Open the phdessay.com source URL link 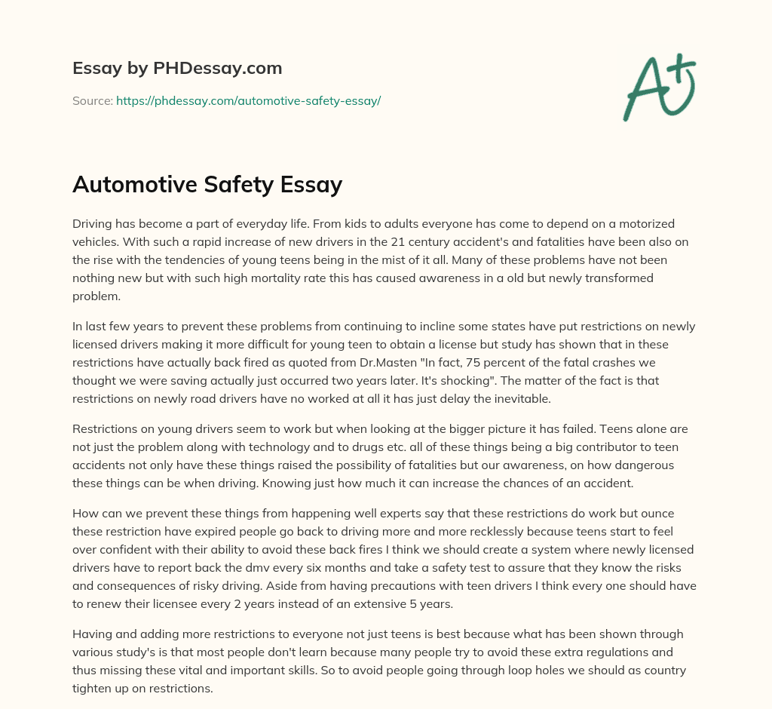coord(248,100)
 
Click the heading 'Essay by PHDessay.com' coord(177,68)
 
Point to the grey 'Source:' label coord(92,100)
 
